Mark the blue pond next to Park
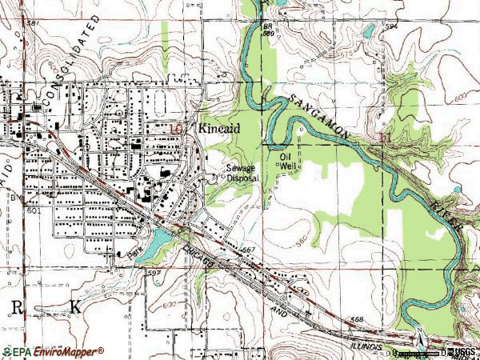click(x=161, y=237)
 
